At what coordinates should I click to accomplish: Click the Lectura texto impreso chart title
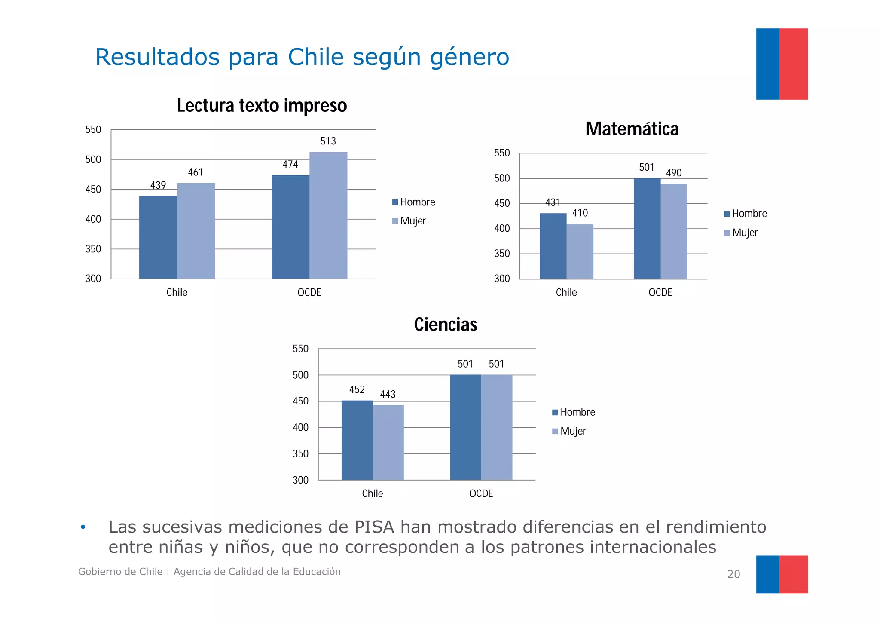point(262,106)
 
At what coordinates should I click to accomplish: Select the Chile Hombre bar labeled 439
point(158,237)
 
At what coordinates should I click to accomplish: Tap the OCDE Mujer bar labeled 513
point(328,215)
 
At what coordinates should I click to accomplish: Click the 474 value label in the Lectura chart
point(290,165)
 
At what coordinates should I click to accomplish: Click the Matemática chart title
point(632,129)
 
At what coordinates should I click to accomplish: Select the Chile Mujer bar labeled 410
point(580,251)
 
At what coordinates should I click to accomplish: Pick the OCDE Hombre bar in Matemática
point(647,228)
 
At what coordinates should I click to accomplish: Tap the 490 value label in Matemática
point(674,173)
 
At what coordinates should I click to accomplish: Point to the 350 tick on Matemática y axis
point(502,254)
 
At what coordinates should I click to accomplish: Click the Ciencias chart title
point(445,325)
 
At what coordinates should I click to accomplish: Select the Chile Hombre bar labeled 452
point(357,440)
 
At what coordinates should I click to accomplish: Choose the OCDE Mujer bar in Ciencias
point(497,427)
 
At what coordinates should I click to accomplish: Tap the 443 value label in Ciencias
point(388,394)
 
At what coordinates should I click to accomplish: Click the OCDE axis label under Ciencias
point(481,493)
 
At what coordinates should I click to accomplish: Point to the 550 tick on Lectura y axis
point(93,130)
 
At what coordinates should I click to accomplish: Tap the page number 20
point(733,574)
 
